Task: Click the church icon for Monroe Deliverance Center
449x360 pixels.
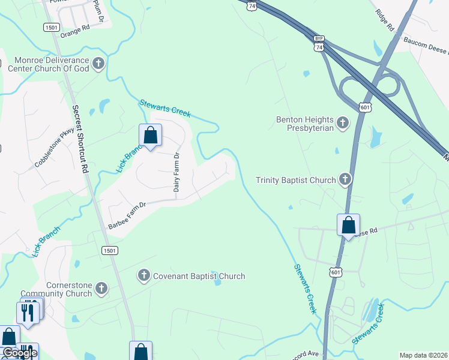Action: [98, 62]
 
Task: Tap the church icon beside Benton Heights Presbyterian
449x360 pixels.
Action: [343, 124]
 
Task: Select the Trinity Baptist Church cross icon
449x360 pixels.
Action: [345, 179]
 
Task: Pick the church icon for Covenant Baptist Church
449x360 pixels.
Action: [143, 276]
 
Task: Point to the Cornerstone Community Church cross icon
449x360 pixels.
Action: [101, 289]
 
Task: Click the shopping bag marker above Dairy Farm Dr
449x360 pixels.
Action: [150, 136]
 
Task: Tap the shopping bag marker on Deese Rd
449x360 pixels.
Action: [348, 226]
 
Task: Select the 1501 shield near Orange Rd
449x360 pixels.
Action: [51, 27]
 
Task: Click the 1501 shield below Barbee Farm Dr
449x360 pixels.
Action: [109, 250]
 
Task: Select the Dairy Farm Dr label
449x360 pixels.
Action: [177, 172]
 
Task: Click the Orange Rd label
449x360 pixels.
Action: [75, 29]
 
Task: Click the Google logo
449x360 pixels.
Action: [19, 353]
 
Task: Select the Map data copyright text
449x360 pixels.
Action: [423, 355]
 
